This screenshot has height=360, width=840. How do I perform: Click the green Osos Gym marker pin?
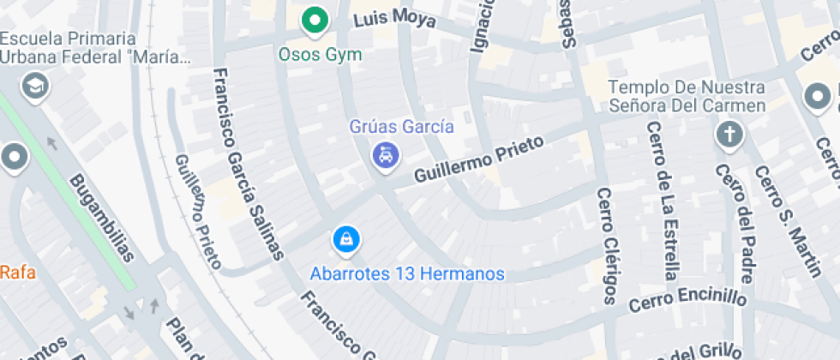(315, 21)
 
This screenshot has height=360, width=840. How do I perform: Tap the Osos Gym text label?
(321, 55)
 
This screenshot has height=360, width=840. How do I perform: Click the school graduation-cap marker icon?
(35, 87)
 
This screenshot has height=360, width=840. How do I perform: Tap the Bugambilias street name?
(102, 218)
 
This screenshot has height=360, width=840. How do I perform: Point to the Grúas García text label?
(401, 127)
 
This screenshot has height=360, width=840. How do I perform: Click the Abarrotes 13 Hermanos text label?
(407, 274)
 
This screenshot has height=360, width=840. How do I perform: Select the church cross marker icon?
(729, 134)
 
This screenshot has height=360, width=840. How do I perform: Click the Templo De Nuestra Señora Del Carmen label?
(687, 97)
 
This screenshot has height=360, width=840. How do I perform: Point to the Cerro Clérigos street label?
(606, 246)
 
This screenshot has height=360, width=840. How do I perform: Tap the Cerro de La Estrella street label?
(663, 201)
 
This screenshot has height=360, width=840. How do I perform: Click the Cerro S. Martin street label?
(788, 222)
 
